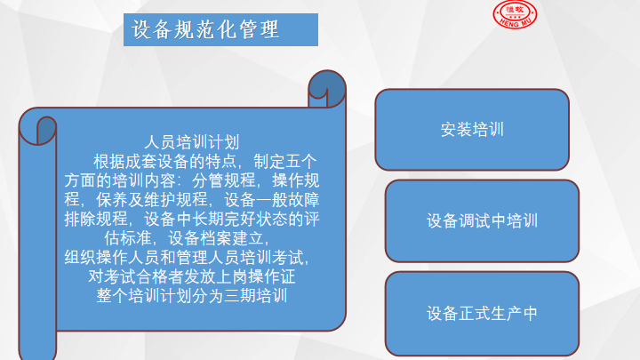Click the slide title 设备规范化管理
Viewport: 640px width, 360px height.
(x=205, y=30)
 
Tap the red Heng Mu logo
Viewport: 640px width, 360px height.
(x=515, y=14)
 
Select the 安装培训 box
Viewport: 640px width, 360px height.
(x=472, y=130)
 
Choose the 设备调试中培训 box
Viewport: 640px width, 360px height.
(x=482, y=220)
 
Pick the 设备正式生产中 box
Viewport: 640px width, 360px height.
(x=482, y=314)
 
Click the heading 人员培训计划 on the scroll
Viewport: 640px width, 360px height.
(x=192, y=142)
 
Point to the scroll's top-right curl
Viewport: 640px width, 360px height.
(x=327, y=89)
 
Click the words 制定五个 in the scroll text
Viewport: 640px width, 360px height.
(x=285, y=162)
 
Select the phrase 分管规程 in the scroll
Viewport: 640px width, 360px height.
(x=224, y=180)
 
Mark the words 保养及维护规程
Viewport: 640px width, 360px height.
(x=152, y=200)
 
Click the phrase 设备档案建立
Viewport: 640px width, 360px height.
(x=215, y=238)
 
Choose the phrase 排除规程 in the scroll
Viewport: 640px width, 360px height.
(x=96, y=220)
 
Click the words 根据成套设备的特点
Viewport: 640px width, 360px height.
(x=165, y=162)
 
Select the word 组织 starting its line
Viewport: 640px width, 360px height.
(x=80, y=258)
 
